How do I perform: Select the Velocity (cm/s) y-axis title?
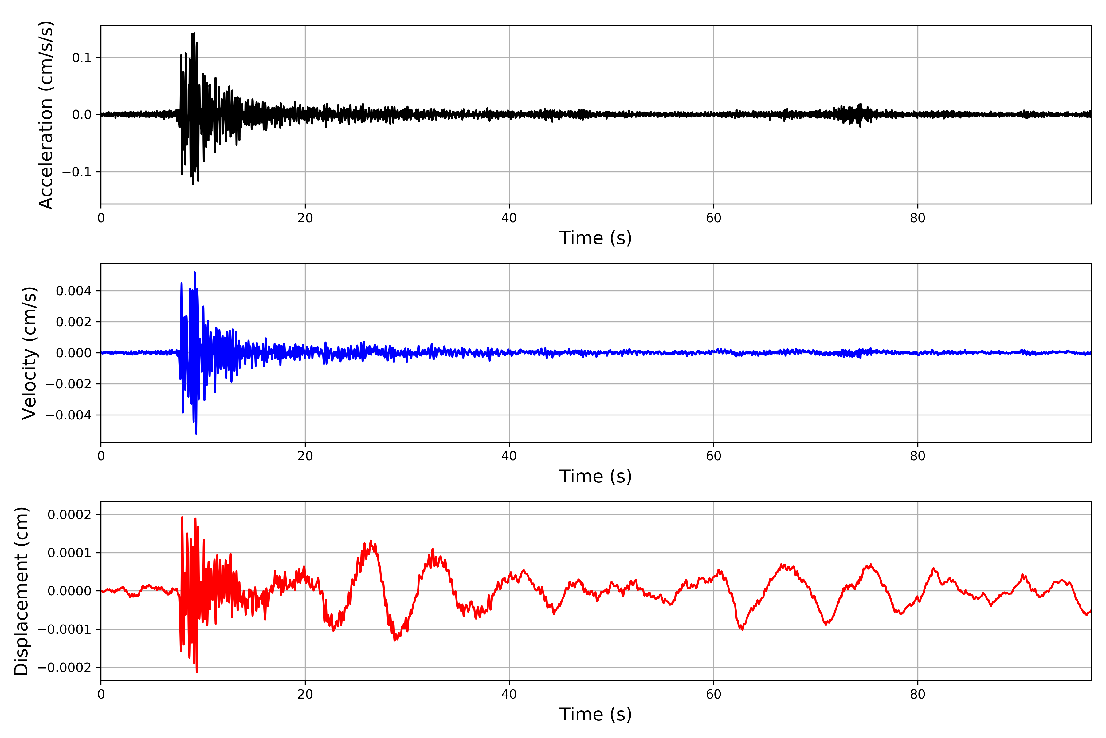click(29, 353)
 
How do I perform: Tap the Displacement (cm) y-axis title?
click(21, 591)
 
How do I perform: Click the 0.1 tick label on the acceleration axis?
click(81, 58)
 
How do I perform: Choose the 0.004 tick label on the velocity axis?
click(74, 291)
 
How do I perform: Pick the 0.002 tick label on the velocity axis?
click(74, 322)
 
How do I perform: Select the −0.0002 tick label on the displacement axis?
click(65, 667)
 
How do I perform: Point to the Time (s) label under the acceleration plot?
click(595, 238)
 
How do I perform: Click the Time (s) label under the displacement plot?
click(595, 714)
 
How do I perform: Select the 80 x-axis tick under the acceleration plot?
click(917, 218)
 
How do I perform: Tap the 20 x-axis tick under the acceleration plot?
click(305, 218)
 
